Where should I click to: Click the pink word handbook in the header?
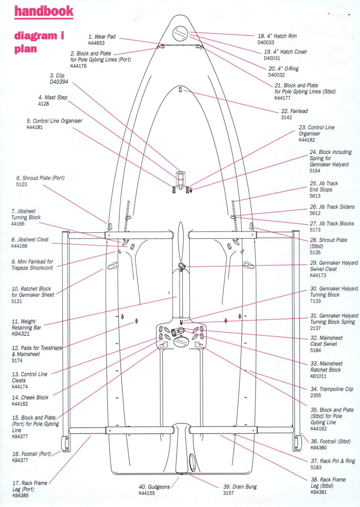(44, 11)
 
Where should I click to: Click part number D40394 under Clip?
(59, 82)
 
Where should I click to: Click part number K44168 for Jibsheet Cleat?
(19, 246)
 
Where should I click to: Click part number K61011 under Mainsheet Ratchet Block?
(318, 376)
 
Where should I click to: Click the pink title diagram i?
(39, 36)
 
